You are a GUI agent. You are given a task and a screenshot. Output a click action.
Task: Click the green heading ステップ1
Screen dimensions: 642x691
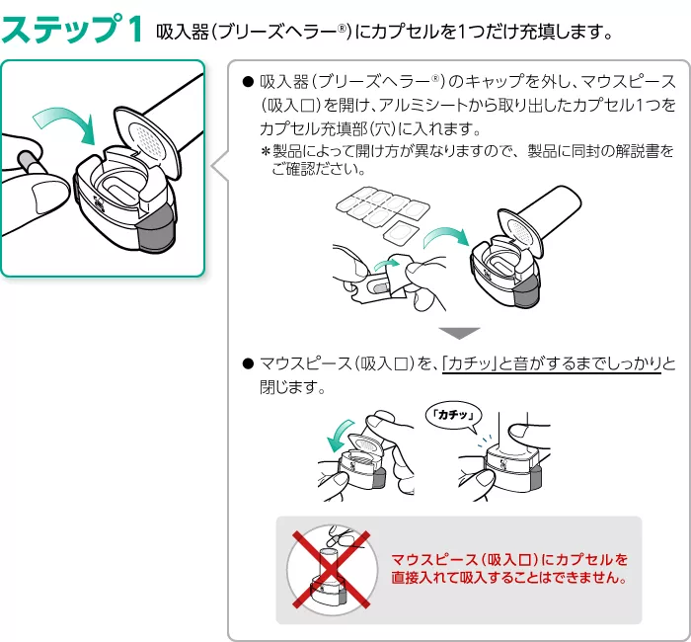[x=75, y=29]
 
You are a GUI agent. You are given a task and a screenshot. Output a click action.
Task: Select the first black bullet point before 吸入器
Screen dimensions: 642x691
[x=247, y=80]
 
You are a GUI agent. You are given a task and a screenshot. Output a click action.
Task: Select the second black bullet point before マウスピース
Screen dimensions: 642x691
[x=247, y=364]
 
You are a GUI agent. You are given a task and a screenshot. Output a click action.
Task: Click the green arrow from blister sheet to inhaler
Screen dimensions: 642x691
[x=443, y=236]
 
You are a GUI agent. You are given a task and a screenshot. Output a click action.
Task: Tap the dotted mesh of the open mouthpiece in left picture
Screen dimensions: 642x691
[x=146, y=134]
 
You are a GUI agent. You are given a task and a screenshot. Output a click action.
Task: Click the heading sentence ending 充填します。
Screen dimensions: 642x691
[x=385, y=32]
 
